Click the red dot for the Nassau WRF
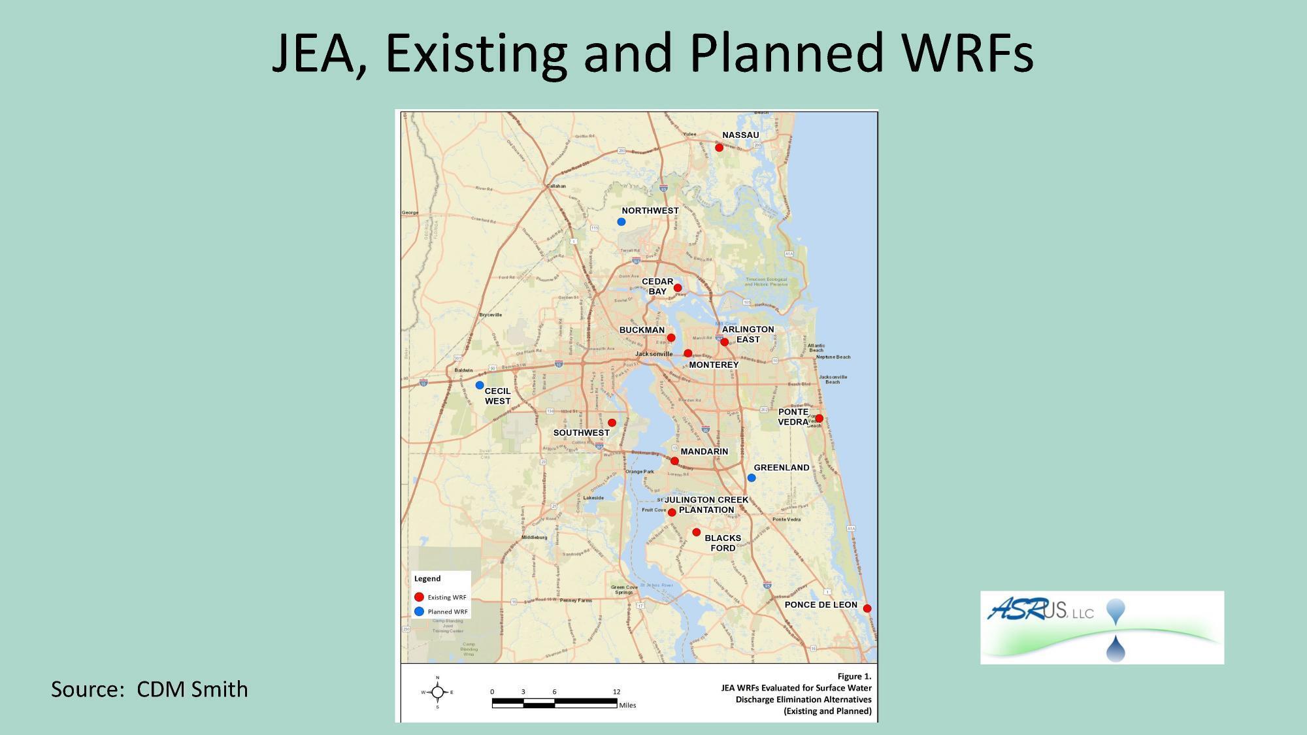pyautogui.click(x=719, y=148)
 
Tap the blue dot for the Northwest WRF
pyautogui.click(x=621, y=222)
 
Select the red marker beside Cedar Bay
pyautogui.click(x=678, y=288)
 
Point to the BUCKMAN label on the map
pyautogui.click(x=642, y=330)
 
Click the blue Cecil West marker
pyautogui.click(x=480, y=385)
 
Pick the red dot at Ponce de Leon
pyautogui.click(x=867, y=608)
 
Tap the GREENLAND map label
pyautogui.click(x=782, y=468)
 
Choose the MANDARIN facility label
pyautogui.click(x=704, y=451)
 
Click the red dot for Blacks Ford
pyautogui.click(x=696, y=532)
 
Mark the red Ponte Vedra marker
pyautogui.click(x=819, y=418)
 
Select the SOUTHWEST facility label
pyautogui.click(x=581, y=433)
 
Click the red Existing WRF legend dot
pyautogui.click(x=420, y=597)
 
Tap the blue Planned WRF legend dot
pyautogui.click(x=420, y=612)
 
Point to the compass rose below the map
pyautogui.click(x=438, y=692)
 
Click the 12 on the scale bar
pyautogui.click(x=616, y=691)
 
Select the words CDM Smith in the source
pyautogui.click(x=192, y=689)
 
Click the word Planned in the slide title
pyautogui.click(x=784, y=52)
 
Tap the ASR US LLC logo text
pyautogui.click(x=1040, y=612)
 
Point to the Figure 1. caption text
pyautogui.click(x=854, y=676)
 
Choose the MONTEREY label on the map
pyautogui.click(x=714, y=365)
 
